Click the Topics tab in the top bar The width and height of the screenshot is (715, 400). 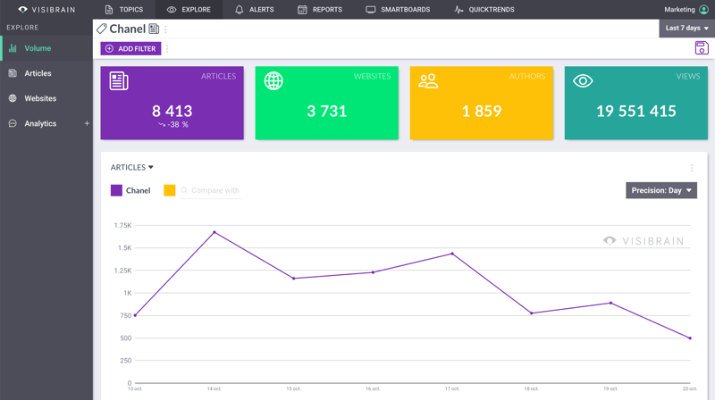click(123, 10)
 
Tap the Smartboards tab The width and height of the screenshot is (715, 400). click(398, 10)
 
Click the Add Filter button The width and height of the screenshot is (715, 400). click(131, 48)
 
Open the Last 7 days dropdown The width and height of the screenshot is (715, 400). click(686, 29)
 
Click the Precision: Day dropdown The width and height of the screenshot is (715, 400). click(661, 190)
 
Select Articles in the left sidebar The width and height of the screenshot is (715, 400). click(38, 73)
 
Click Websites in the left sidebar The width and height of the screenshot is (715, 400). click(40, 98)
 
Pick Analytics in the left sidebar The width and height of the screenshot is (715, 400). click(40, 123)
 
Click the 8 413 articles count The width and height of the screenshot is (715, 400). click(172, 111)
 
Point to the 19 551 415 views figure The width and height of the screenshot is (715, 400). click(635, 112)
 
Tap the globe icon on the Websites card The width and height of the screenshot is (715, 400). click(273, 81)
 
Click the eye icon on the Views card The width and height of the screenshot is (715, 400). click(583, 81)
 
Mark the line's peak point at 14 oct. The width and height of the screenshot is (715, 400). click(214, 232)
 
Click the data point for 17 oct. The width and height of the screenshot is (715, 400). click(452, 254)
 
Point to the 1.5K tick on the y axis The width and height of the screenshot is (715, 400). click(123, 247)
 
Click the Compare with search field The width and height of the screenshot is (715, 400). click(214, 190)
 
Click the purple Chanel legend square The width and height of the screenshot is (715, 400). click(116, 190)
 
